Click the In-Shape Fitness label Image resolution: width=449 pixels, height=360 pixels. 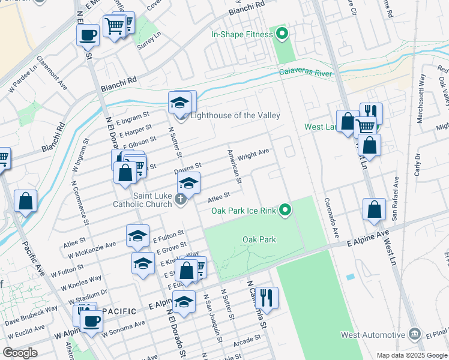point(242,34)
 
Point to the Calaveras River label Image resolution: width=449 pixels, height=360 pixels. point(306,73)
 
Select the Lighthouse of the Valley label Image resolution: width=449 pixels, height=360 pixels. point(235,115)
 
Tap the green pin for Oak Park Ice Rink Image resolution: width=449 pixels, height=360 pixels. point(286,210)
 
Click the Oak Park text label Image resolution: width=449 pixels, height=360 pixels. point(259,239)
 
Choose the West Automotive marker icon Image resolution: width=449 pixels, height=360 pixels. point(414,334)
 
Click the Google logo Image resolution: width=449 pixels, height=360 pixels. point(20,353)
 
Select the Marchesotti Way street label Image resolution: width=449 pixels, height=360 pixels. point(421,106)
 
